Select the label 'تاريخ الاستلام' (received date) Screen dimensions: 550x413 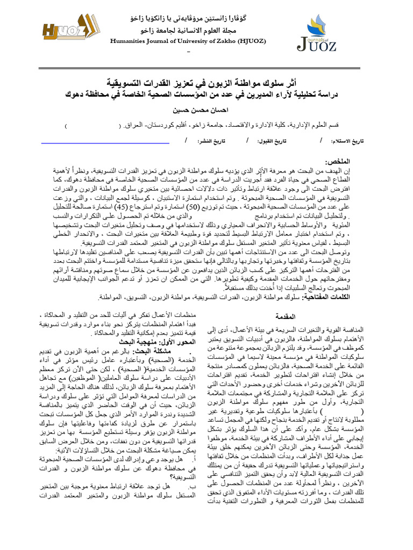[348, 141]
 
